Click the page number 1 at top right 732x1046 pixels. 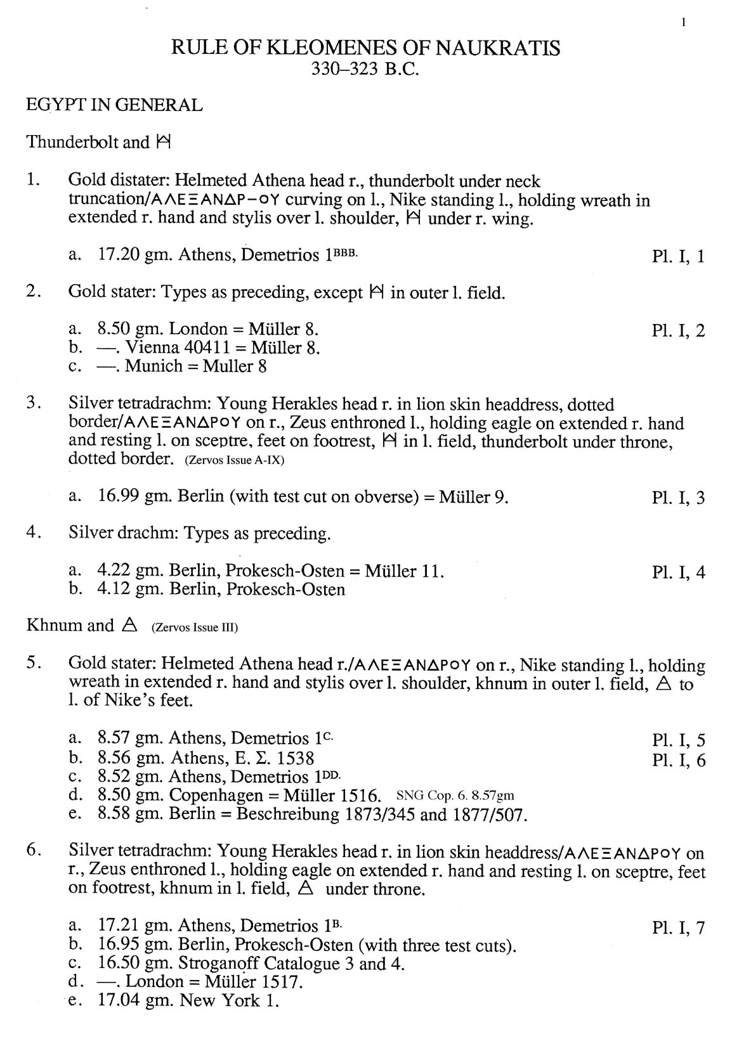click(683, 23)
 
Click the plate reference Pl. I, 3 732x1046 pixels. click(678, 498)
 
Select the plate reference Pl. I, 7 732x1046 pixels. click(678, 928)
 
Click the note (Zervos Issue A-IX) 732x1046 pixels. click(234, 460)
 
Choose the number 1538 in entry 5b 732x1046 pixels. click(294, 758)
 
